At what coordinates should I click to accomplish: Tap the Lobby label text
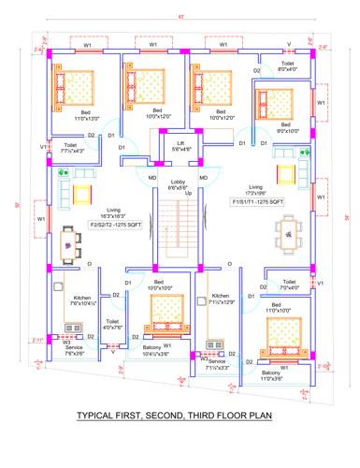point(179,184)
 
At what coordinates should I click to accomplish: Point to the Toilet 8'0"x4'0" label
point(287,66)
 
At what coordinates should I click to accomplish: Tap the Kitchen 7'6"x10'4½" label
point(79,302)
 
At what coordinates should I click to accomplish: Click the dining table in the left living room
point(69,245)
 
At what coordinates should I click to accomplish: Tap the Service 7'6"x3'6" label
point(75,351)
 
